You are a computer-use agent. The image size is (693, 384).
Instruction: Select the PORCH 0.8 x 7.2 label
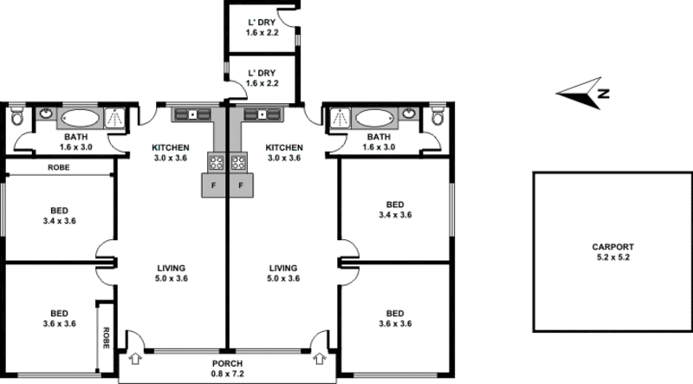(x=228, y=368)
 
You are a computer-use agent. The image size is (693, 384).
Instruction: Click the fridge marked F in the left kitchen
(x=214, y=185)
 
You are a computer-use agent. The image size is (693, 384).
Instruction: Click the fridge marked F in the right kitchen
(x=241, y=185)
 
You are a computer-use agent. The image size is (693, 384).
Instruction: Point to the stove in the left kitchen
(x=216, y=161)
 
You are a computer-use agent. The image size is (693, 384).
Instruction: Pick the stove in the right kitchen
(x=239, y=161)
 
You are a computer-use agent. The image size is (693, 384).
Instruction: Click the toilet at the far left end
(x=18, y=118)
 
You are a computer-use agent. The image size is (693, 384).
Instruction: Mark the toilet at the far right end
(x=437, y=118)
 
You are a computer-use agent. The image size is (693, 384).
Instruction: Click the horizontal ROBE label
(x=59, y=167)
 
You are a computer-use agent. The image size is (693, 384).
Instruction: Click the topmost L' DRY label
(x=261, y=28)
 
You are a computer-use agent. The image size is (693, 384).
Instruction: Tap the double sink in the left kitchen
(x=191, y=114)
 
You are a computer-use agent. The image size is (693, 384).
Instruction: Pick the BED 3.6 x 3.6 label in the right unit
(x=394, y=318)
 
